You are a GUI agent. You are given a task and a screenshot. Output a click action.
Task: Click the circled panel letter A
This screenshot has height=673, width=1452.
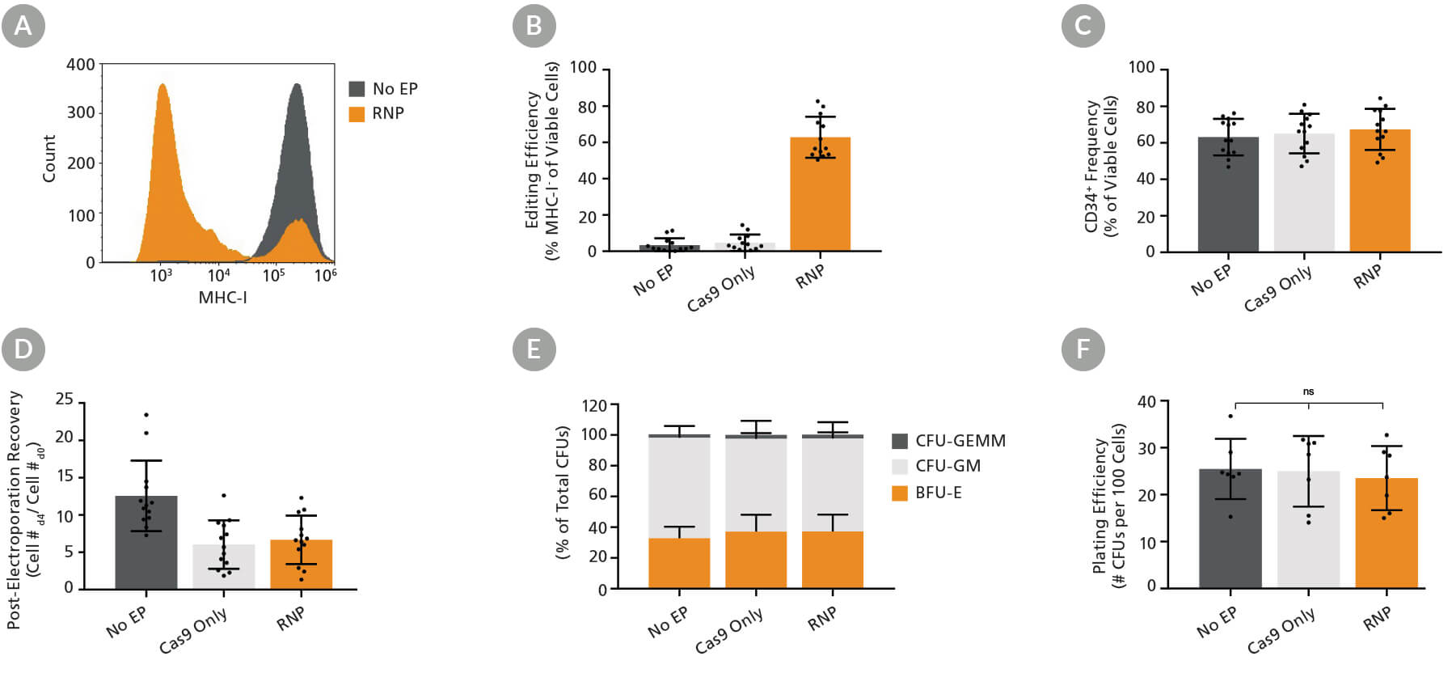tap(23, 26)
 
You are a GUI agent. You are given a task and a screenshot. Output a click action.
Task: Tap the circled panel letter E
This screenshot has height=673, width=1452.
tap(534, 349)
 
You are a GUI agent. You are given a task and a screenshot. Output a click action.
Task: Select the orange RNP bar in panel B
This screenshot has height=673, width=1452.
tap(820, 194)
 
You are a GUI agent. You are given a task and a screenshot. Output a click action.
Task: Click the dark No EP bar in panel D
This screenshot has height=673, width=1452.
tap(146, 542)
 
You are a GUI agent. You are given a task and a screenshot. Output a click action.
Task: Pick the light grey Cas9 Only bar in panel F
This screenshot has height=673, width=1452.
tap(1308, 529)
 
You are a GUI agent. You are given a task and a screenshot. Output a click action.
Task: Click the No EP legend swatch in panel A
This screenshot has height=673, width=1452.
tap(357, 89)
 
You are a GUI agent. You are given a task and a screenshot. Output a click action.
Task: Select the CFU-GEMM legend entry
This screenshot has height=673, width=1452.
tap(948, 441)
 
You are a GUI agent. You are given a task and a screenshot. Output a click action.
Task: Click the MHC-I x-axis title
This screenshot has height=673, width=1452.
tap(222, 298)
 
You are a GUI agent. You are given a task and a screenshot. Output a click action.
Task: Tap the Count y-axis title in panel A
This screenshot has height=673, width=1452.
tap(49, 159)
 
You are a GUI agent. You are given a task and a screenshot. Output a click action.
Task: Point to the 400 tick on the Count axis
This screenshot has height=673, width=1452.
tap(80, 65)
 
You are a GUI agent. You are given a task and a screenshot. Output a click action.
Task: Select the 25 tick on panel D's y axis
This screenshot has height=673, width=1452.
tap(64, 400)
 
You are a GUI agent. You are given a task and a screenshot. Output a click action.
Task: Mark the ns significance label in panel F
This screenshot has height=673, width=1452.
tap(1308, 392)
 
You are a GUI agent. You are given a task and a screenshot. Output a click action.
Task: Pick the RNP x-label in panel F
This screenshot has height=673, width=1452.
tap(1377, 619)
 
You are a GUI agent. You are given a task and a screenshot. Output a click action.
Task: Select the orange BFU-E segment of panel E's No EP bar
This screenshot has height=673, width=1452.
tap(679, 563)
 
